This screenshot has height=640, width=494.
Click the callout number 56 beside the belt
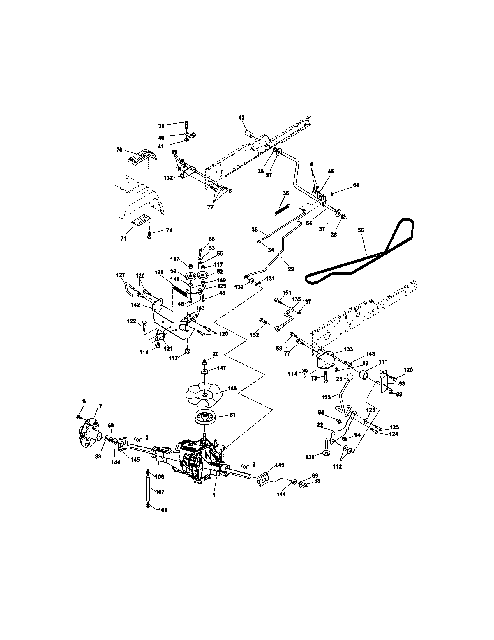(361, 230)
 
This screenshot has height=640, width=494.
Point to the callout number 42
(241, 118)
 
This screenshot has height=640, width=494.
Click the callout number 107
(160, 492)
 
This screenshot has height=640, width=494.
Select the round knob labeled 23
(350, 377)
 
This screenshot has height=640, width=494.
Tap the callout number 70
(119, 150)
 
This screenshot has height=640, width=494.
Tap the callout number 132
(168, 178)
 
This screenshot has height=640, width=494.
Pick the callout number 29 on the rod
(291, 269)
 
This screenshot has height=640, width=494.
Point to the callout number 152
(254, 335)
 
